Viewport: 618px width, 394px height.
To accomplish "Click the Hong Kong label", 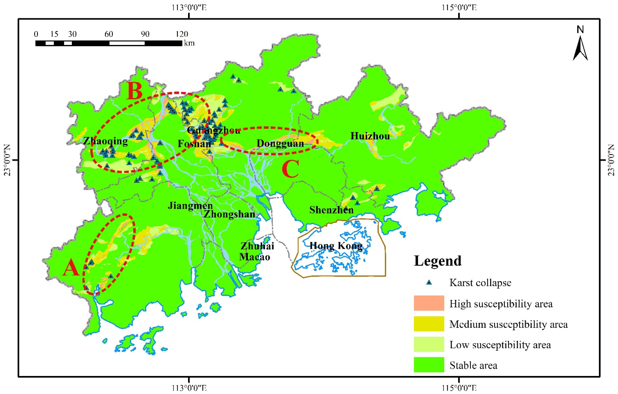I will click(336, 246).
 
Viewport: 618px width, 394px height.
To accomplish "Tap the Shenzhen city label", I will click(331, 210).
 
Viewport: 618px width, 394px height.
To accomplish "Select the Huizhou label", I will click(370, 136).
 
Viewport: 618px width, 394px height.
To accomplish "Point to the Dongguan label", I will click(280, 143).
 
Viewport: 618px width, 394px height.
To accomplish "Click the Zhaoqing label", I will click(105, 141).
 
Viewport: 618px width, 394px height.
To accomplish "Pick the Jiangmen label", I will click(190, 206).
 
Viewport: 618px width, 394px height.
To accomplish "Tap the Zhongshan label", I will click(229, 214).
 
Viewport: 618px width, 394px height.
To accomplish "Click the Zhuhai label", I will click(257, 246).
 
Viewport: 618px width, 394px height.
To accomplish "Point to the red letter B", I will click(134, 91).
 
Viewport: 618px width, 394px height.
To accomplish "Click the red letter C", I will click(291, 169).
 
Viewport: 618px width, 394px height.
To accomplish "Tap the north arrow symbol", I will click(580, 47).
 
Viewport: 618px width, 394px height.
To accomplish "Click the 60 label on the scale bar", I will click(109, 34).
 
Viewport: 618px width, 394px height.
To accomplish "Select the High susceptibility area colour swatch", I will click(429, 303).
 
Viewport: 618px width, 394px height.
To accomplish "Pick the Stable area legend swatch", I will click(429, 365).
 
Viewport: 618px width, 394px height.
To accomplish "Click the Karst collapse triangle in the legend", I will click(429, 283).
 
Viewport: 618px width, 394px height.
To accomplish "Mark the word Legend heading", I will click(438, 261).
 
